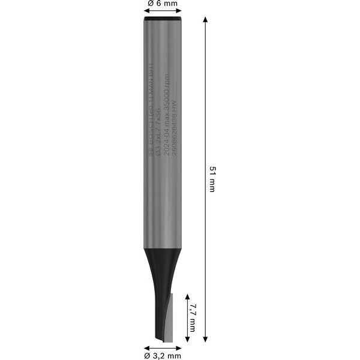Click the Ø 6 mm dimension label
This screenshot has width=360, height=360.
coord(162,4)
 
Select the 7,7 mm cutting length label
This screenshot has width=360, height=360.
coord(192,317)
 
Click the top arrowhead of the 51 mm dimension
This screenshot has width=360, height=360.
coord(206,20)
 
